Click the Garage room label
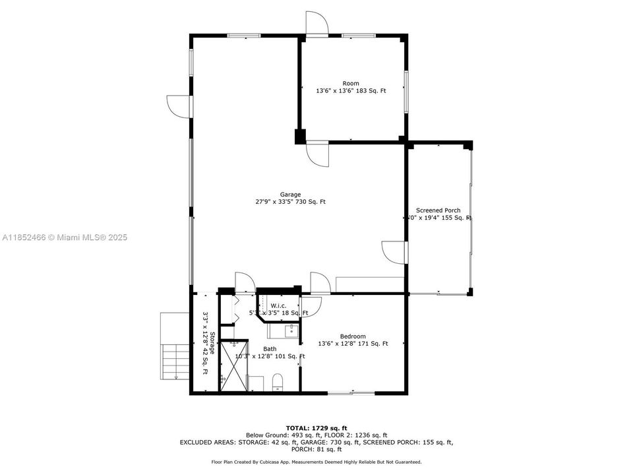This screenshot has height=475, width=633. pyautogui.click(x=290, y=195)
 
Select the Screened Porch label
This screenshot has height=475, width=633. pyautogui.click(x=438, y=210)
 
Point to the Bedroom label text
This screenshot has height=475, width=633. pyautogui.click(x=353, y=336)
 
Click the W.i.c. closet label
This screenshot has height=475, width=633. pyautogui.click(x=278, y=305)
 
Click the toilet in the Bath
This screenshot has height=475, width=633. pyautogui.click(x=278, y=381)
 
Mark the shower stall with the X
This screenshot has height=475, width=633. pyautogui.click(x=233, y=365)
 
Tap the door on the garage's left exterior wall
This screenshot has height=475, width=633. pyautogui.click(x=179, y=106)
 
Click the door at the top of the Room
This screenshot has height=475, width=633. pyautogui.click(x=316, y=22)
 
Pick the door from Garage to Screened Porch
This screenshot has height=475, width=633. pyautogui.click(x=394, y=251)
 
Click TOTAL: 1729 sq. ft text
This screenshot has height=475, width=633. pyautogui.click(x=316, y=427)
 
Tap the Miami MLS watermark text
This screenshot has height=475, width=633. pyautogui.click(x=65, y=237)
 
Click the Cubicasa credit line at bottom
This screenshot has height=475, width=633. pyautogui.click(x=316, y=462)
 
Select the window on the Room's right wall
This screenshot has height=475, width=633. pyautogui.click(x=406, y=90)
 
